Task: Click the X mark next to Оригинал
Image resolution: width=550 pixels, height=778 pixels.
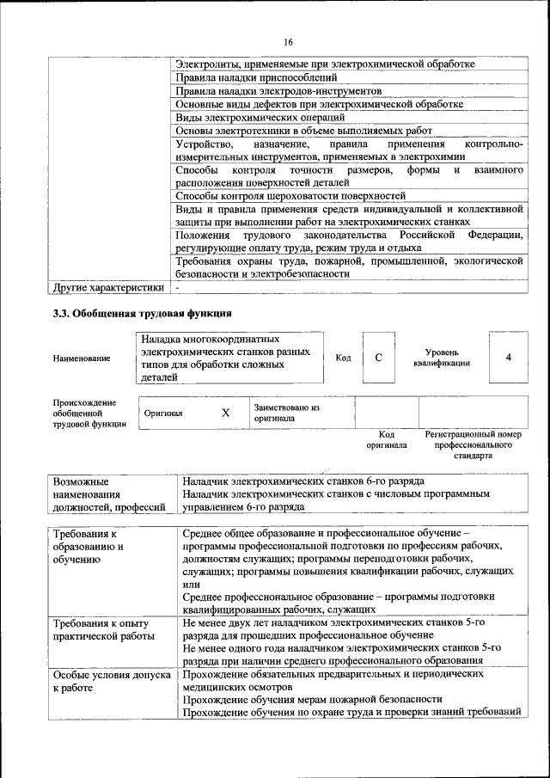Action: click(x=225, y=413)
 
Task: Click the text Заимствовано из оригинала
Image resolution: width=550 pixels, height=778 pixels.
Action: click(x=286, y=413)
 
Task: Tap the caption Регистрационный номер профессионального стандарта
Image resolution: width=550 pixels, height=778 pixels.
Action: click(x=474, y=445)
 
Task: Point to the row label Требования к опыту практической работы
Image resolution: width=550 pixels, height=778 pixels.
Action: click(x=101, y=629)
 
